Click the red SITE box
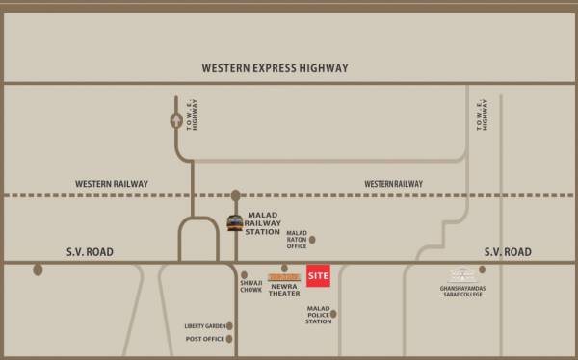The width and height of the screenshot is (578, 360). coord(319,276)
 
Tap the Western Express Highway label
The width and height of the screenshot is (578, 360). coord(275,68)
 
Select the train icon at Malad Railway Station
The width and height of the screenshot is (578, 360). coord(234,223)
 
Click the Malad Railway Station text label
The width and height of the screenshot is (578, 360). coord(264,223)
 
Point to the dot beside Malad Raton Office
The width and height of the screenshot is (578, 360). coord(312,239)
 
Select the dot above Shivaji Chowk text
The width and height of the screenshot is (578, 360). coord(244,274)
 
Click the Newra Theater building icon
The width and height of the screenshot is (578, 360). coord(284,277)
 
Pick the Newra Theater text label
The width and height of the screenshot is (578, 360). coord(284,290)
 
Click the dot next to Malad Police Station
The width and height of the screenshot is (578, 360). coord(332,314)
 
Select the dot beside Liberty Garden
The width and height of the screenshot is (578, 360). coord(229,326)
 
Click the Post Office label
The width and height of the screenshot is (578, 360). coord(204,339)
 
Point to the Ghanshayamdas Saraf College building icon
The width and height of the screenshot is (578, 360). coord(464,274)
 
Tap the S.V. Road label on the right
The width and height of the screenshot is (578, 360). coord(507,251)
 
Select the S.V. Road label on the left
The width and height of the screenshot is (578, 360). coord(90,251)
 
